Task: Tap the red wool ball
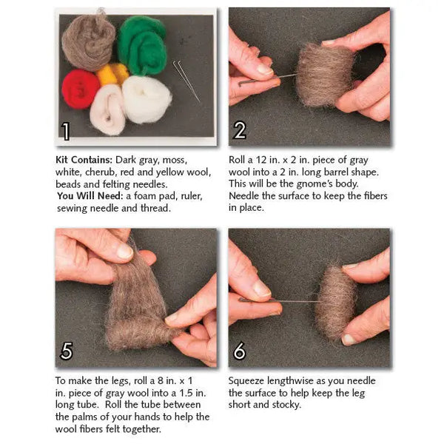pyautogui.click(x=80, y=89)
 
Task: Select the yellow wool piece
pyautogui.click(x=112, y=73)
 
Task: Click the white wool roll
pyautogui.click(x=147, y=99)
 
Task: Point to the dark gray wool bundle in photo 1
pyautogui.click(x=89, y=41)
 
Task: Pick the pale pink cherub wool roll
pyautogui.click(x=108, y=110)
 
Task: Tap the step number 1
pyautogui.click(x=66, y=131)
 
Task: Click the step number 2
pyautogui.click(x=239, y=130)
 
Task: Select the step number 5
pyautogui.click(x=66, y=351)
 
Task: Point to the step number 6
pyautogui.click(x=239, y=351)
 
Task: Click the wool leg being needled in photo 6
pyautogui.click(x=335, y=302)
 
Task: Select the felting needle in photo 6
pyautogui.click(x=277, y=300)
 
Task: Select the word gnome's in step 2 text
pyautogui.click(x=331, y=184)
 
